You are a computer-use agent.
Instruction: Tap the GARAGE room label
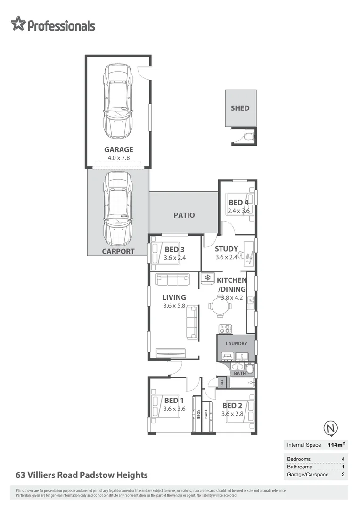[x=118, y=150]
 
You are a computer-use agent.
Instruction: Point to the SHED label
[x=240, y=108]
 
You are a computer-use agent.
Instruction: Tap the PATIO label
[x=184, y=215]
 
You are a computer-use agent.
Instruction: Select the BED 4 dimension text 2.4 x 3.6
[x=238, y=211]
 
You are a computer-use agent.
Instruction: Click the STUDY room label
[x=226, y=249]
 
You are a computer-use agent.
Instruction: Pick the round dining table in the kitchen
[x=220, y=306]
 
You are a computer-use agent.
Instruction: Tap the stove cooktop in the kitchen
[x=224, y=328]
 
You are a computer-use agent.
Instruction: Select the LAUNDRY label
[x=236, y=344]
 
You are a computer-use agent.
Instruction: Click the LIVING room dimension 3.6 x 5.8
[x=174, y=305]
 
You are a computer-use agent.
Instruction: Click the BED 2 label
[x=232, y=405]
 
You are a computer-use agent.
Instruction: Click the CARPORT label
[x=118, y=251]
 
